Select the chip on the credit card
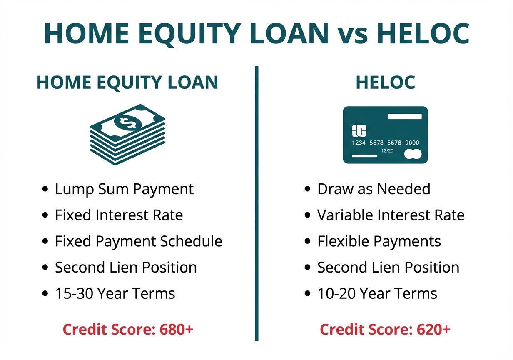point(359,131)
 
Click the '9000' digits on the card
point(412,142)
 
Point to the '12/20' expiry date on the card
point(387,150)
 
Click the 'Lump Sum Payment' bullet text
point(124,189)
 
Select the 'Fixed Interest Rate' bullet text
point(119,215)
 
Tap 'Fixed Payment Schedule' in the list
point(138,241)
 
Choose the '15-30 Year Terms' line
point(115,293)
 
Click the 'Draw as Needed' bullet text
point(374,189)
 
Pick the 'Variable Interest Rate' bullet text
point(391,215)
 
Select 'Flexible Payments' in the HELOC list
point(379,241)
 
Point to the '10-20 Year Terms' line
point(377,293)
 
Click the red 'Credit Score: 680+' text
point(128,329)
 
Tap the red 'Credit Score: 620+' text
point(385,329)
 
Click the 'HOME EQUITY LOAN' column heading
point(127,82)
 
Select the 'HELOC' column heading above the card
point(385,82)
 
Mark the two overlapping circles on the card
point(413,155)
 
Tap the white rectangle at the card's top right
point(405,117)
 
